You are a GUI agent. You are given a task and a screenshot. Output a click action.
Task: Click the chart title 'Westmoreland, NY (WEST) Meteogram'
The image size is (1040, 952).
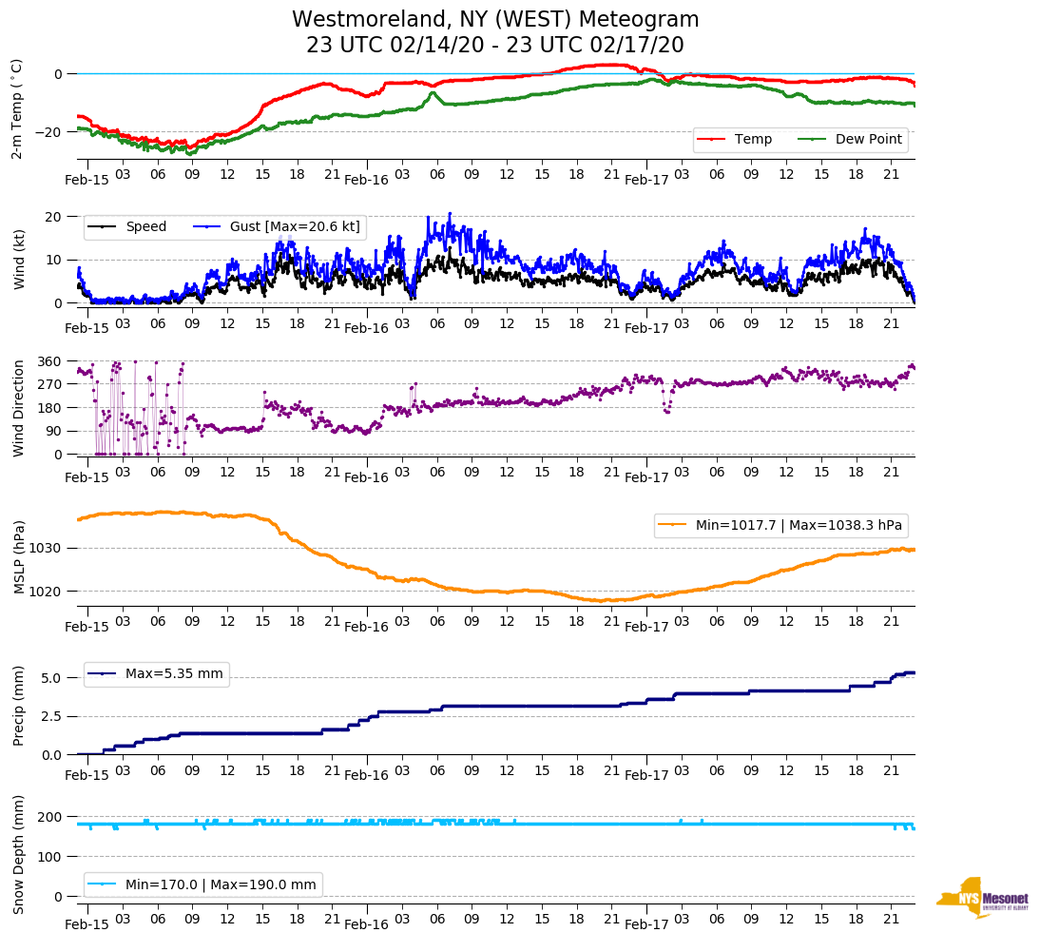(494, 20)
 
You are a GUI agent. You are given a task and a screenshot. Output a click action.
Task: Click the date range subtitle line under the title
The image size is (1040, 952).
(494, 46)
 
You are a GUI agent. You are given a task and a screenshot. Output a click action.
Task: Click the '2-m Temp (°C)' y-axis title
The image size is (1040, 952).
(17, 108)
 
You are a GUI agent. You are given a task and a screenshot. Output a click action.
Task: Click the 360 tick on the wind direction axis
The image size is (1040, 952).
(49, 362)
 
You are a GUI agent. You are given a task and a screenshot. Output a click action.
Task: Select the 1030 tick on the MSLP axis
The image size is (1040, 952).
(46, 549)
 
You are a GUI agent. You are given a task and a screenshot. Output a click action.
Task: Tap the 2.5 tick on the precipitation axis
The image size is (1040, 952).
(51, 717)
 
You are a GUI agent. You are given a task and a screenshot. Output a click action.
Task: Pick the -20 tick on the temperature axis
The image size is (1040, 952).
(48, 132)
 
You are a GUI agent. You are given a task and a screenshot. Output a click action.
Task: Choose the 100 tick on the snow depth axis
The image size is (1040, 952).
(49, 857)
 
